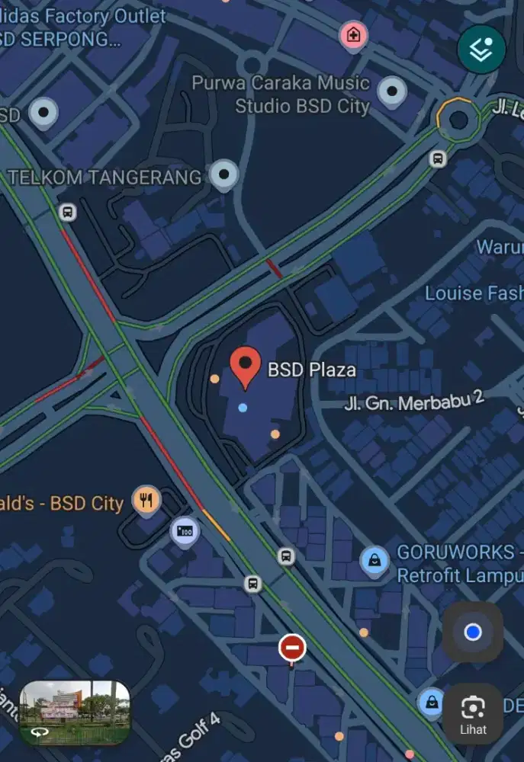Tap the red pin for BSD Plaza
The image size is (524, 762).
tap(245, 366)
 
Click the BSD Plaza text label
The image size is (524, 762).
tap(311, 370)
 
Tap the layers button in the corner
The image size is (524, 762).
tap(481, 50)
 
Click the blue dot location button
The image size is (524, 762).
tap(473, 632)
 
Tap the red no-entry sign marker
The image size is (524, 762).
tap(292, 648)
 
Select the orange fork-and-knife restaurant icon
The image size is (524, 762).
tap(146, 501)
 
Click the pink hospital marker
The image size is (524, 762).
tap(353, 34)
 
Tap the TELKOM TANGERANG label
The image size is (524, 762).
tap(104, 178)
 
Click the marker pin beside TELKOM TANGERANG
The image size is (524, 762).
tap(223, 175)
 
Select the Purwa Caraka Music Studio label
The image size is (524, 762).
tap(281, 94)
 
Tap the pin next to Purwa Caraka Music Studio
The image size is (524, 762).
tap(392, 91)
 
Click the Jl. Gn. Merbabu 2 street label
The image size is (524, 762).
tap(415, 399)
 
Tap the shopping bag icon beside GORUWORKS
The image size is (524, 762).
tap(374, 562)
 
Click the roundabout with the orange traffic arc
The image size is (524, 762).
tap(458, 118)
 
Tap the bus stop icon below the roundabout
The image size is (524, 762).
tap(438, 158)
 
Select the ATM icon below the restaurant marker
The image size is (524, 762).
tap(184, 530)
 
